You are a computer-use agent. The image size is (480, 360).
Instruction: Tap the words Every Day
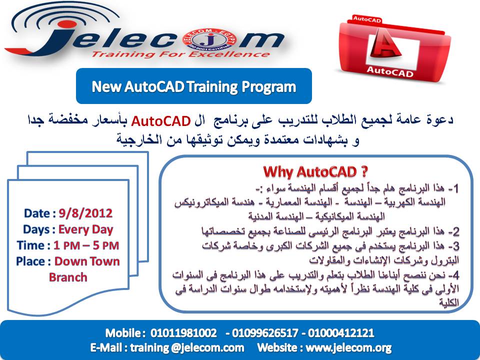86,229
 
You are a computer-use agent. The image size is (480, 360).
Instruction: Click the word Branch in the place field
67,277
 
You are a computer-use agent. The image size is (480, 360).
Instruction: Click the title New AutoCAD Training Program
193,86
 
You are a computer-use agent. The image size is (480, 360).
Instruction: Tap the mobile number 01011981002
184,333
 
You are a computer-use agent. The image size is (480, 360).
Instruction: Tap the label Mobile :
124,333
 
